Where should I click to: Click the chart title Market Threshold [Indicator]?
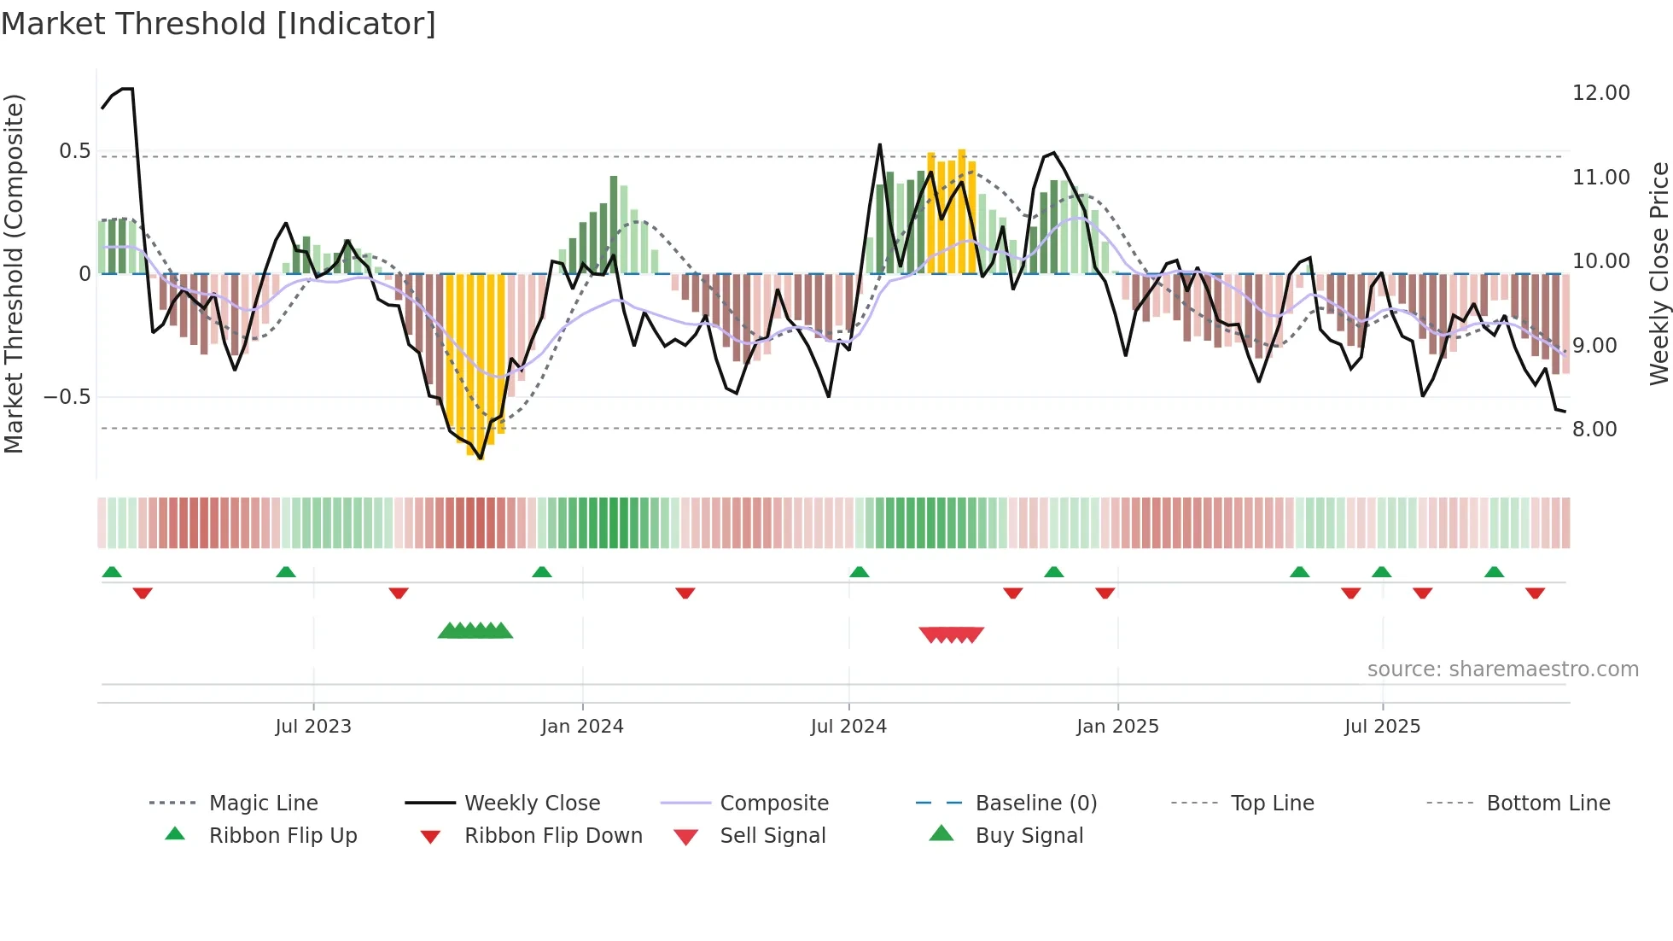click(x=219, y=24)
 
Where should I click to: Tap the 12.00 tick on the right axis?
click(x=1600, y=93)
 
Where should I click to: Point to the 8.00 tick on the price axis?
click(x=1594, y=430)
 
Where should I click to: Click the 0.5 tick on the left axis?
click(x=74, y=151)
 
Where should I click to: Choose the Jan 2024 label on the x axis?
click(x=582, y=727)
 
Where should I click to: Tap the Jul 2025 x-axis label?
click(x=1382, y=727)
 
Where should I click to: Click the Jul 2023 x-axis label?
click(x=313, y=727)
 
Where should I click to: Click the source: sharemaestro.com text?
click(x=1502, y=669)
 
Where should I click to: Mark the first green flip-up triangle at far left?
click(x=112, y=572)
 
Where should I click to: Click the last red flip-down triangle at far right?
click(x=1535, y=593)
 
